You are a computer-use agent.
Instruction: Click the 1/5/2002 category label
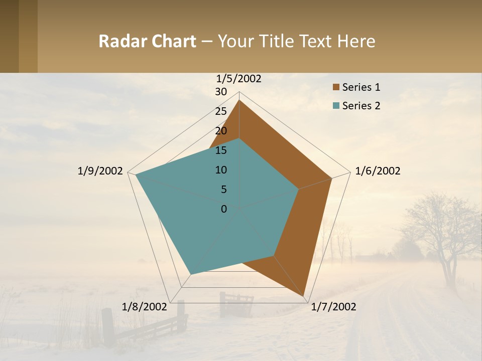pyautogui.click(x=238, y=79)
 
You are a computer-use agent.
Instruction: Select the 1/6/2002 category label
pyautogui.click(x=378, y=171)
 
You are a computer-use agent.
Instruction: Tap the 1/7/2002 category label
pyautogui.click(x=333, y=307)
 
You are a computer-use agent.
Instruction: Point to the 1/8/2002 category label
pyautogui.click(x=144, y=307)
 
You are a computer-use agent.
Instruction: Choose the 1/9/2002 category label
pyautogui.click(x=100, y=171)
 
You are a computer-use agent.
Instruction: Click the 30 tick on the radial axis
pyautogui.click(x=221, y=92)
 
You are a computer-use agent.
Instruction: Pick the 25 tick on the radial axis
pyautogui.click(x=221, y=111)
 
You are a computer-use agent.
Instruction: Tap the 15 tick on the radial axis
pyautogui.click(x=221, y=150)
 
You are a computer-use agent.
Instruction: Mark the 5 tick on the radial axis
pyautogui.click(x=223, y=190)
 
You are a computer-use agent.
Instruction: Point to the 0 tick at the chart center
pyautogui.click(x=224, y=209)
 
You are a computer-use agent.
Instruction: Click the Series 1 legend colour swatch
pyautogui.click(x=336, y=88)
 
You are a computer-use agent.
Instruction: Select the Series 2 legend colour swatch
pyautogui.click(x=336, y=106)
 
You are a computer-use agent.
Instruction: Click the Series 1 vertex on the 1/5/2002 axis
pyautogui.click(x=239, y=100)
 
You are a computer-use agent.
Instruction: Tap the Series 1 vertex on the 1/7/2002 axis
pyautogui.click(x=305, y=296)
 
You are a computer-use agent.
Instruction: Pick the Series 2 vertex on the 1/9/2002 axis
pyautogui.click(x=136, y=174)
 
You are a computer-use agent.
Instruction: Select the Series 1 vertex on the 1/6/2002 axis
pyautogui.click(x=332, y=178)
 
